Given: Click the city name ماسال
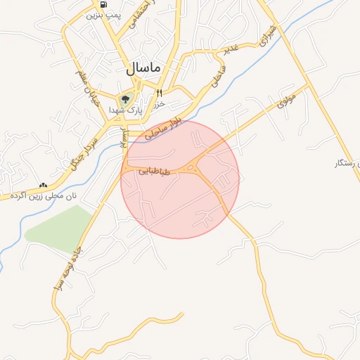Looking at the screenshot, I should pos(143,68).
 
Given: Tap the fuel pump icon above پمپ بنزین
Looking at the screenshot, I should pos(104,5).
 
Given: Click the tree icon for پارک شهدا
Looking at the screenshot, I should pos(126,99).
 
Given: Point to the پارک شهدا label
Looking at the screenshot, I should pos(126,111).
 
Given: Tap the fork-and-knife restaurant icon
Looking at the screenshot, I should pos(160,93).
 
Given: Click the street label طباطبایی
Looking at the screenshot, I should pos(155,170).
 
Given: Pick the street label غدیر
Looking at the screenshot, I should pos(230,48).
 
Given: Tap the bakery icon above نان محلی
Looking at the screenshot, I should pos(45,185).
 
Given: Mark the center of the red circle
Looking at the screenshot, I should pos(180,179).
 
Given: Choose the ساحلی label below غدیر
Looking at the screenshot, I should pos(217,77).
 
